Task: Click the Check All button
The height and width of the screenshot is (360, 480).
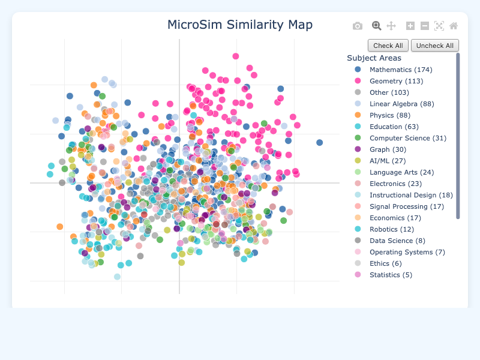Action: tap(388, 46)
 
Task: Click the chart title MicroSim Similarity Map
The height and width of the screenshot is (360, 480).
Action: tap(240, 25)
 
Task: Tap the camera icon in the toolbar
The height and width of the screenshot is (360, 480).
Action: tap(358, 26)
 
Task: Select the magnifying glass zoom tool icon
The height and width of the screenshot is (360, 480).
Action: tap(376, 26)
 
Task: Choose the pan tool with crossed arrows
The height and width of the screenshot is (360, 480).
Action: tap(391, 26)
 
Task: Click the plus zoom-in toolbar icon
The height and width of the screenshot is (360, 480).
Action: tap(410, 26)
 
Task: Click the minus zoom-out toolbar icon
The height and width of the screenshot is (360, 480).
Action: tap(425, 26)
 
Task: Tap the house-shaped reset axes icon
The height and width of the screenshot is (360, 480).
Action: tap(454, 26)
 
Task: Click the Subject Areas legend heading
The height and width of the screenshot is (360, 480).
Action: tap(374, 58)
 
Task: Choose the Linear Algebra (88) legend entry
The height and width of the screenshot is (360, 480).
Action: tap(401, 104)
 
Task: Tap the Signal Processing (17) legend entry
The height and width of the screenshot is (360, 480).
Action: tap(406, 206)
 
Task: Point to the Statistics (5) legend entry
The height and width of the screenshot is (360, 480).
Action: tap(391, 275)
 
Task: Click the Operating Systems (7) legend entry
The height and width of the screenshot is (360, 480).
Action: tap(407, 252)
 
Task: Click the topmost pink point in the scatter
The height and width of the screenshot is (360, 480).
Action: tap(236, 56)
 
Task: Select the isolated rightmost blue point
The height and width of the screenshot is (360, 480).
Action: tap(320, 142)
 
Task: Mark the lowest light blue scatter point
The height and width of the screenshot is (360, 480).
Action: tap(117, 277)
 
